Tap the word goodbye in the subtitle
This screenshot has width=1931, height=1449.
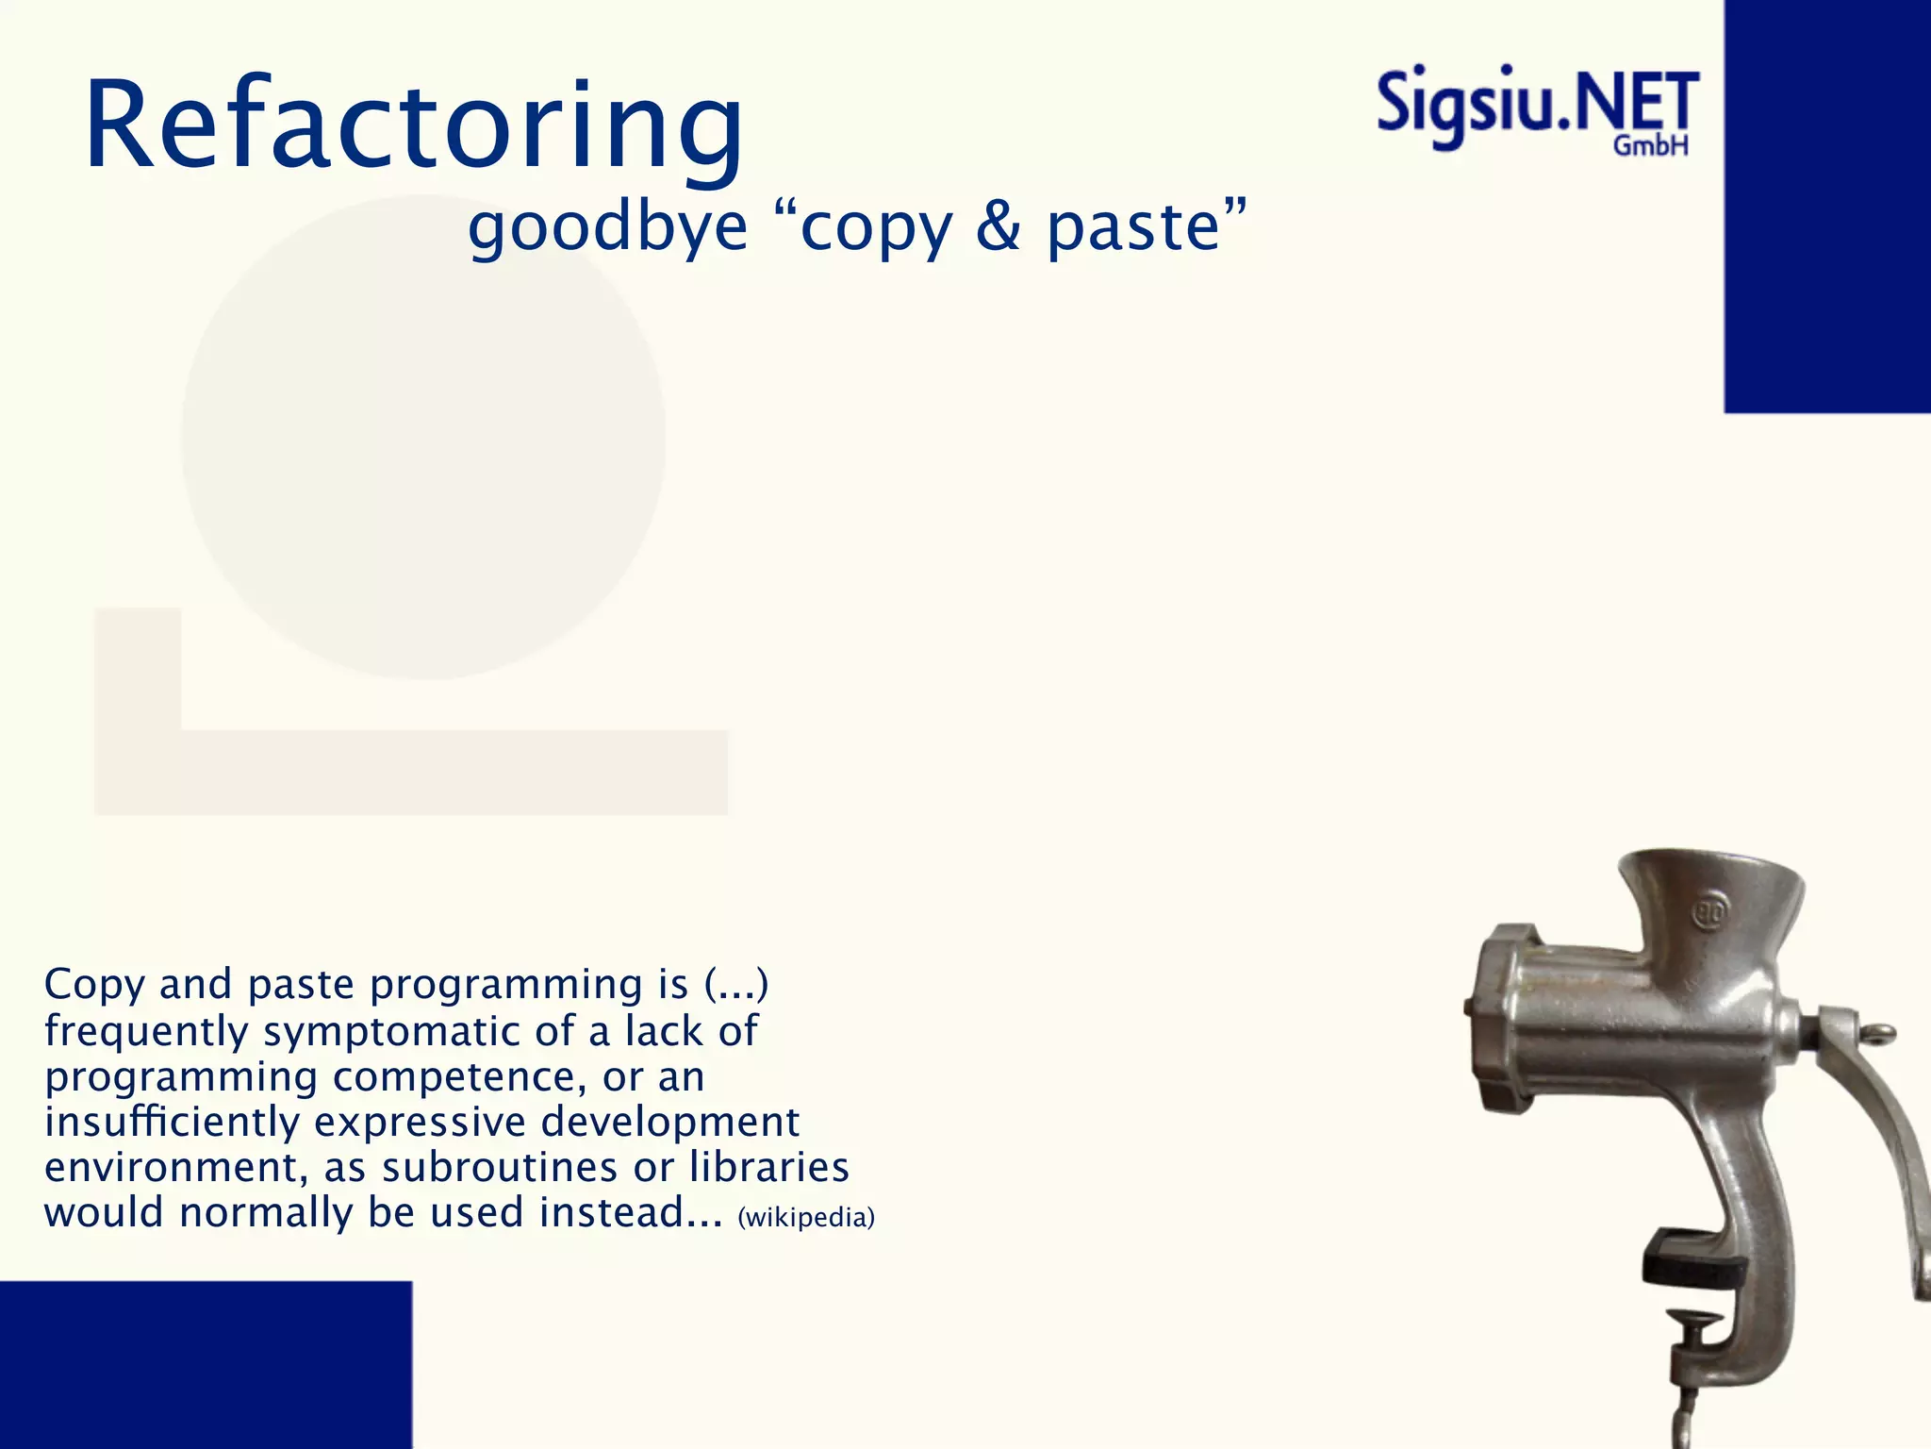coord(607,228)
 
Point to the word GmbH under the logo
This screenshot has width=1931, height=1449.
coord(1650,146)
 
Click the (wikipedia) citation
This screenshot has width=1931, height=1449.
coord(806,1218)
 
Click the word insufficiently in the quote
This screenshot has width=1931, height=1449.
coord(172,1122)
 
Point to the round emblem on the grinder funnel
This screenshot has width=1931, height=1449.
coord(1708,912)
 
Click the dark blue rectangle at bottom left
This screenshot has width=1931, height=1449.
coord(206,1364)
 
